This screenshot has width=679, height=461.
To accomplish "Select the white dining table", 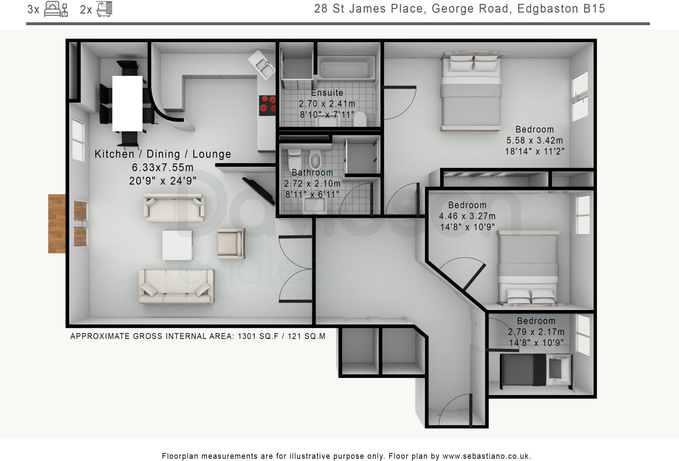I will pos(127,103).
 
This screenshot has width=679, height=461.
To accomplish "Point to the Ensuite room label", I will pos(327,93).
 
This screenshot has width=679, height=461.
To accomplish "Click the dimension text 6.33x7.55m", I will pos(162,167).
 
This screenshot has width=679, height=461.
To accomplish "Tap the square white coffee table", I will pos(177,245).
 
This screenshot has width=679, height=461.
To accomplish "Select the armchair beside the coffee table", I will pos(231,244).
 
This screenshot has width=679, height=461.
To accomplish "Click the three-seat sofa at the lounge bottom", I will pos(176,286).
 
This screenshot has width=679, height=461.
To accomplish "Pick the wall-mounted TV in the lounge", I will pos(259,191).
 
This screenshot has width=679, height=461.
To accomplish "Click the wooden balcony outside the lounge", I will pos(57,224).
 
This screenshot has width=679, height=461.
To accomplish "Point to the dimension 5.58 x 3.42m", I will pos(534,141).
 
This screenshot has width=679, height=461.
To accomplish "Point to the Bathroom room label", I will pos(312,173).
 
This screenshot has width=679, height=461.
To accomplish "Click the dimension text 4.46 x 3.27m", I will pos(467,216).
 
